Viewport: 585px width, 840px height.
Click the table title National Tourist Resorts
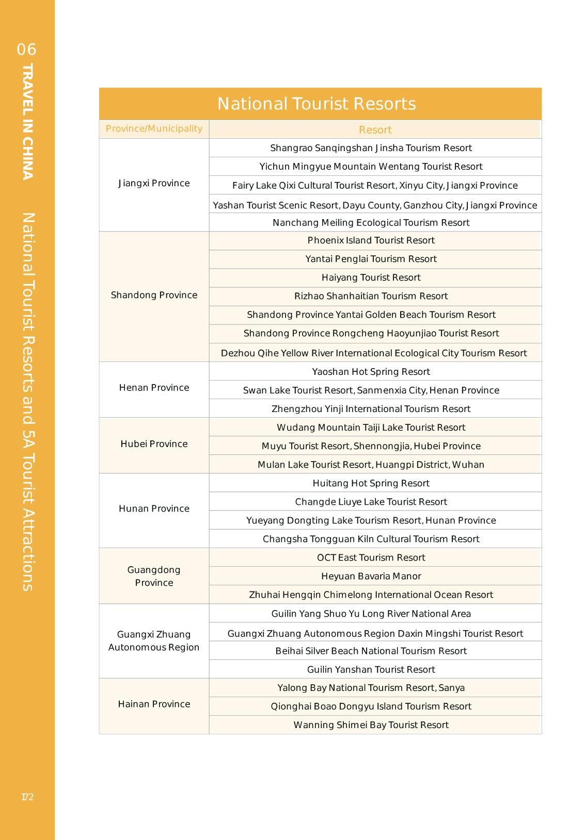317,104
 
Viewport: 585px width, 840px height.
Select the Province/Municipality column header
154,128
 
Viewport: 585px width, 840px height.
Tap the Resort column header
375,130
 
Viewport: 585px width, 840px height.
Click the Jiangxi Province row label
154,184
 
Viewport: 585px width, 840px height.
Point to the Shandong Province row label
154,295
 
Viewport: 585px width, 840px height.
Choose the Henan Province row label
154,388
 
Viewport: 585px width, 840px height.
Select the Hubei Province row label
154,444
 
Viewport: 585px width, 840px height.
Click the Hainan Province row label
154,704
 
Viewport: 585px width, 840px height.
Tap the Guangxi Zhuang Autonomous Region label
154,641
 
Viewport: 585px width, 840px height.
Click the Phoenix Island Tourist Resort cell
371,240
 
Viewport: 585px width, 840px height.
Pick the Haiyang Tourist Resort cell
371,277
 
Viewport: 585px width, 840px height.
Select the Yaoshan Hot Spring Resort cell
371,372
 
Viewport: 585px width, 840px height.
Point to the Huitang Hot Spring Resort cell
371,483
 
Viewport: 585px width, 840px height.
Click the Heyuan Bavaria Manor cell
371,576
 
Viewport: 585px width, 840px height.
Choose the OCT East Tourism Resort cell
371,557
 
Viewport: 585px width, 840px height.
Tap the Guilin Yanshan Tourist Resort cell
371,669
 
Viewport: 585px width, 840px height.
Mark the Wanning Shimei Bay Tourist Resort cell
371,725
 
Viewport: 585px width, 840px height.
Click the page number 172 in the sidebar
27,797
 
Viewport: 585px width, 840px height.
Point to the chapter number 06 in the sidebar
27,50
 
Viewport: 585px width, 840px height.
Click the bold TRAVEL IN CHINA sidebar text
28,121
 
